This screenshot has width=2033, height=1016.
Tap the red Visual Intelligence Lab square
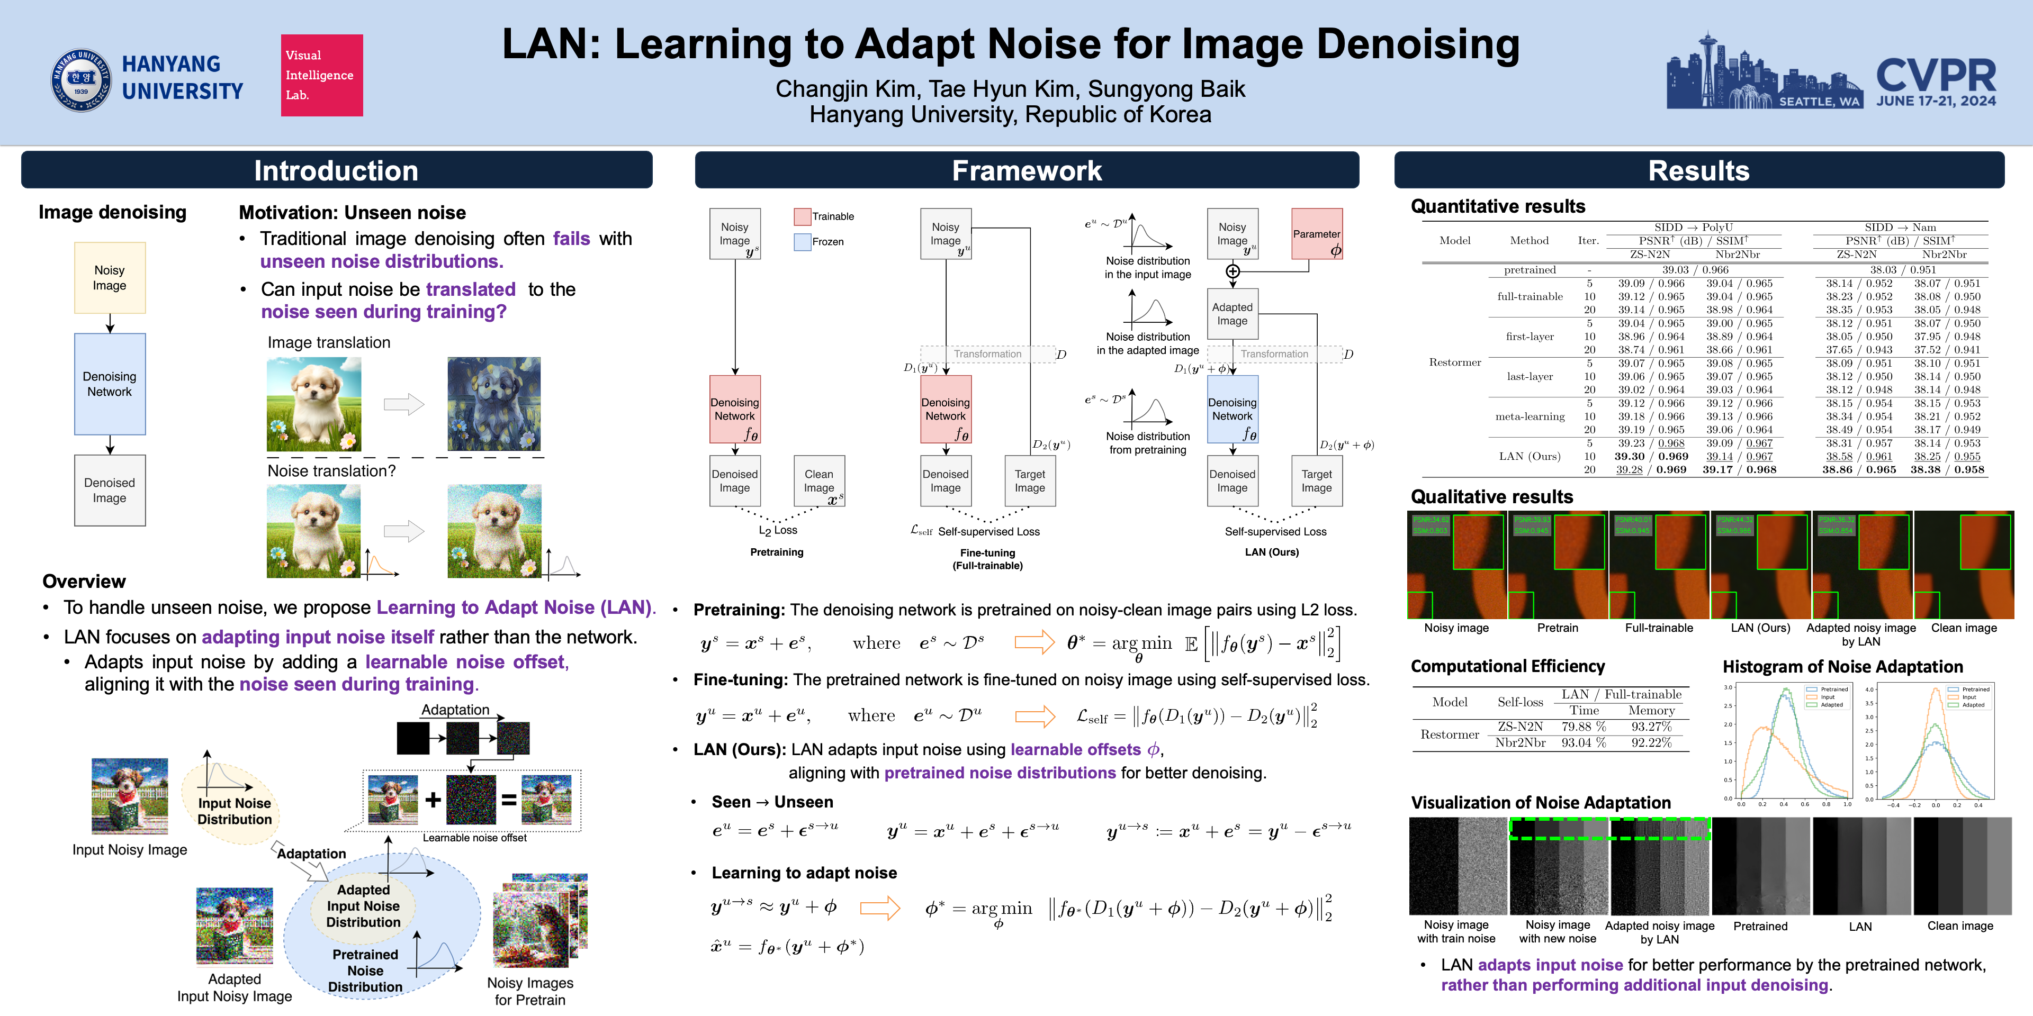coord(322,76)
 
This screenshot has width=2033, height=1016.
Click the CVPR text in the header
coord(1936,75)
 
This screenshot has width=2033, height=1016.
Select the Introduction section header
coord(336,170)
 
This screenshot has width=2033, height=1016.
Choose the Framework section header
coord(1026,170)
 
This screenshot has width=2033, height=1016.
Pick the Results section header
coord(1698,170)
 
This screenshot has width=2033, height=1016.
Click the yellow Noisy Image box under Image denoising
coord(110,278)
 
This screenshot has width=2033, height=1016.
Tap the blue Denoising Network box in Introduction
coord(110,384)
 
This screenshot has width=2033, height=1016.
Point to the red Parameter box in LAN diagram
coord(1316,234)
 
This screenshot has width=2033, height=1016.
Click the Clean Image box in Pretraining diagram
coord(819,481)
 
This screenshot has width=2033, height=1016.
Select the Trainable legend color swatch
coord(802,216)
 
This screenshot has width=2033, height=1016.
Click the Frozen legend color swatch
coord(802,241)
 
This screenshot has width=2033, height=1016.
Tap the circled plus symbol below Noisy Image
coord(1233,272)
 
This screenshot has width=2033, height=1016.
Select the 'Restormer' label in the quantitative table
coord(1454,362)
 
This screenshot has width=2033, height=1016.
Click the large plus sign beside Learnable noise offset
coord(433,800)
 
